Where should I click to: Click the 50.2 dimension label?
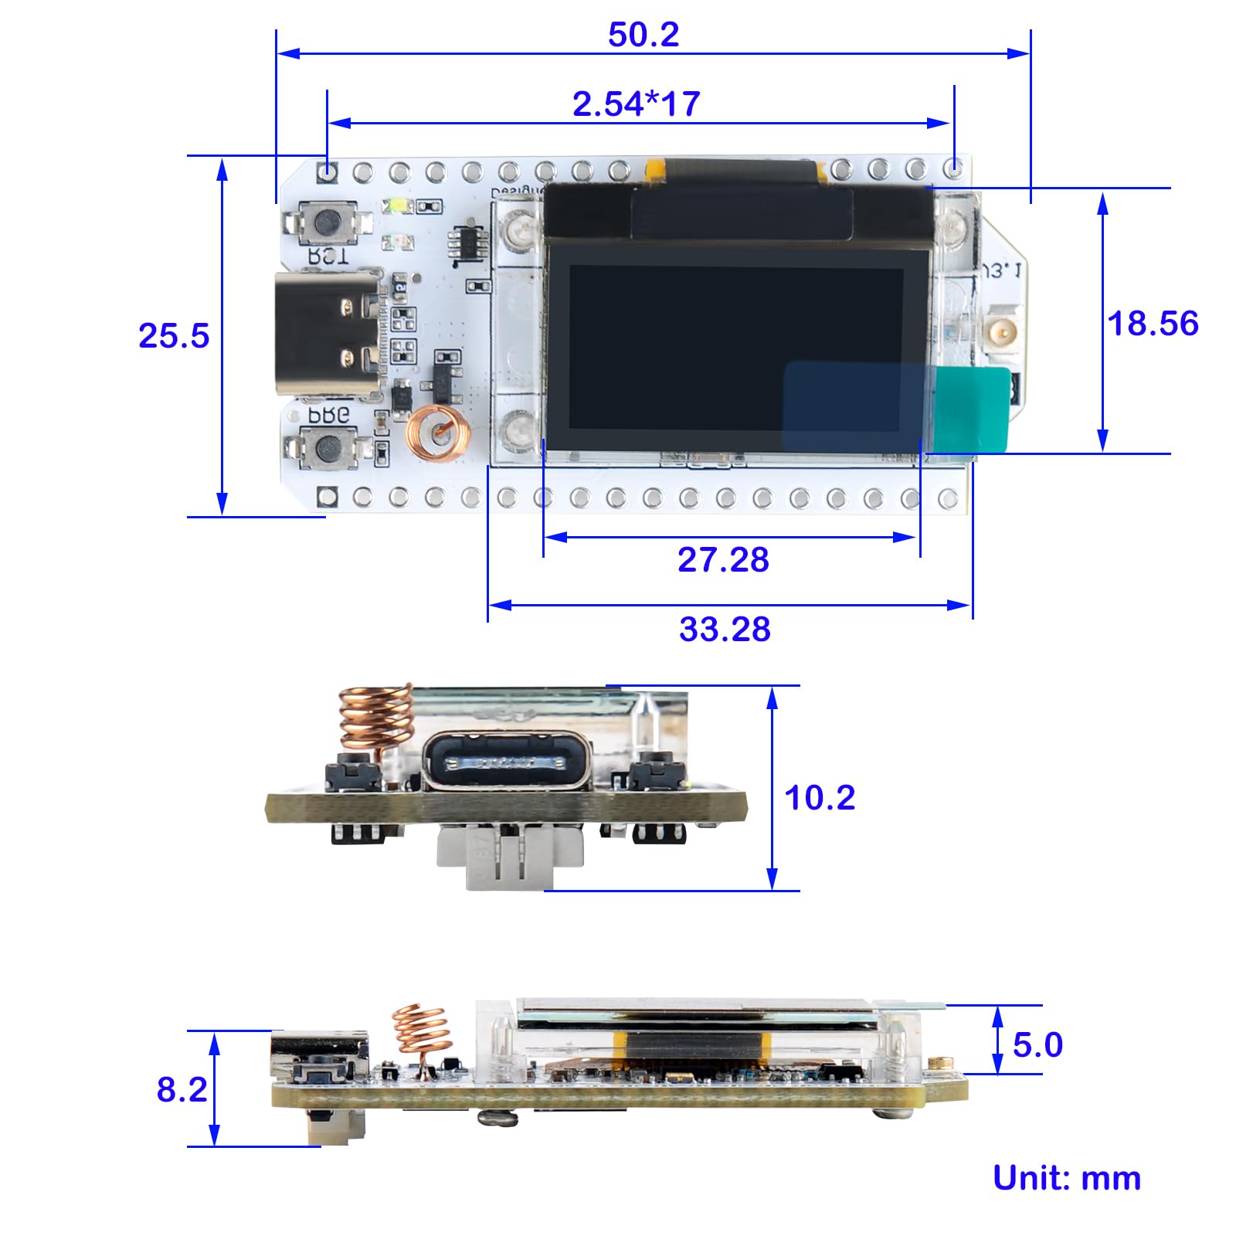[x=643, y=35]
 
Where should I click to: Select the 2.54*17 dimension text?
[x=636, y=104]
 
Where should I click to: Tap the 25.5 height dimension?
[x=174, y=336]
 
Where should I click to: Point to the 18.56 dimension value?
[x=1152, y=324]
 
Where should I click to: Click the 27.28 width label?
[x=723, y=560]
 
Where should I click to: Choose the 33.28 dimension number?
[x=725, y=630]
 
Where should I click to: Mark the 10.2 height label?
[x=820, y=798]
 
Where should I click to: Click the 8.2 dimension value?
[x=182, y=1090]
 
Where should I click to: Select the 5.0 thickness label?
[x=1037, y=1045]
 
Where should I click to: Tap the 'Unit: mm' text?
[x=1066, y=1178]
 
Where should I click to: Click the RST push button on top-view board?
[x=328, y=222]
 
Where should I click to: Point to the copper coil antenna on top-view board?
[x=438, y=434]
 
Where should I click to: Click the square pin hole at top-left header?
[x=328, y=171]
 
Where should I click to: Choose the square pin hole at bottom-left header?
[x=328, y=497]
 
